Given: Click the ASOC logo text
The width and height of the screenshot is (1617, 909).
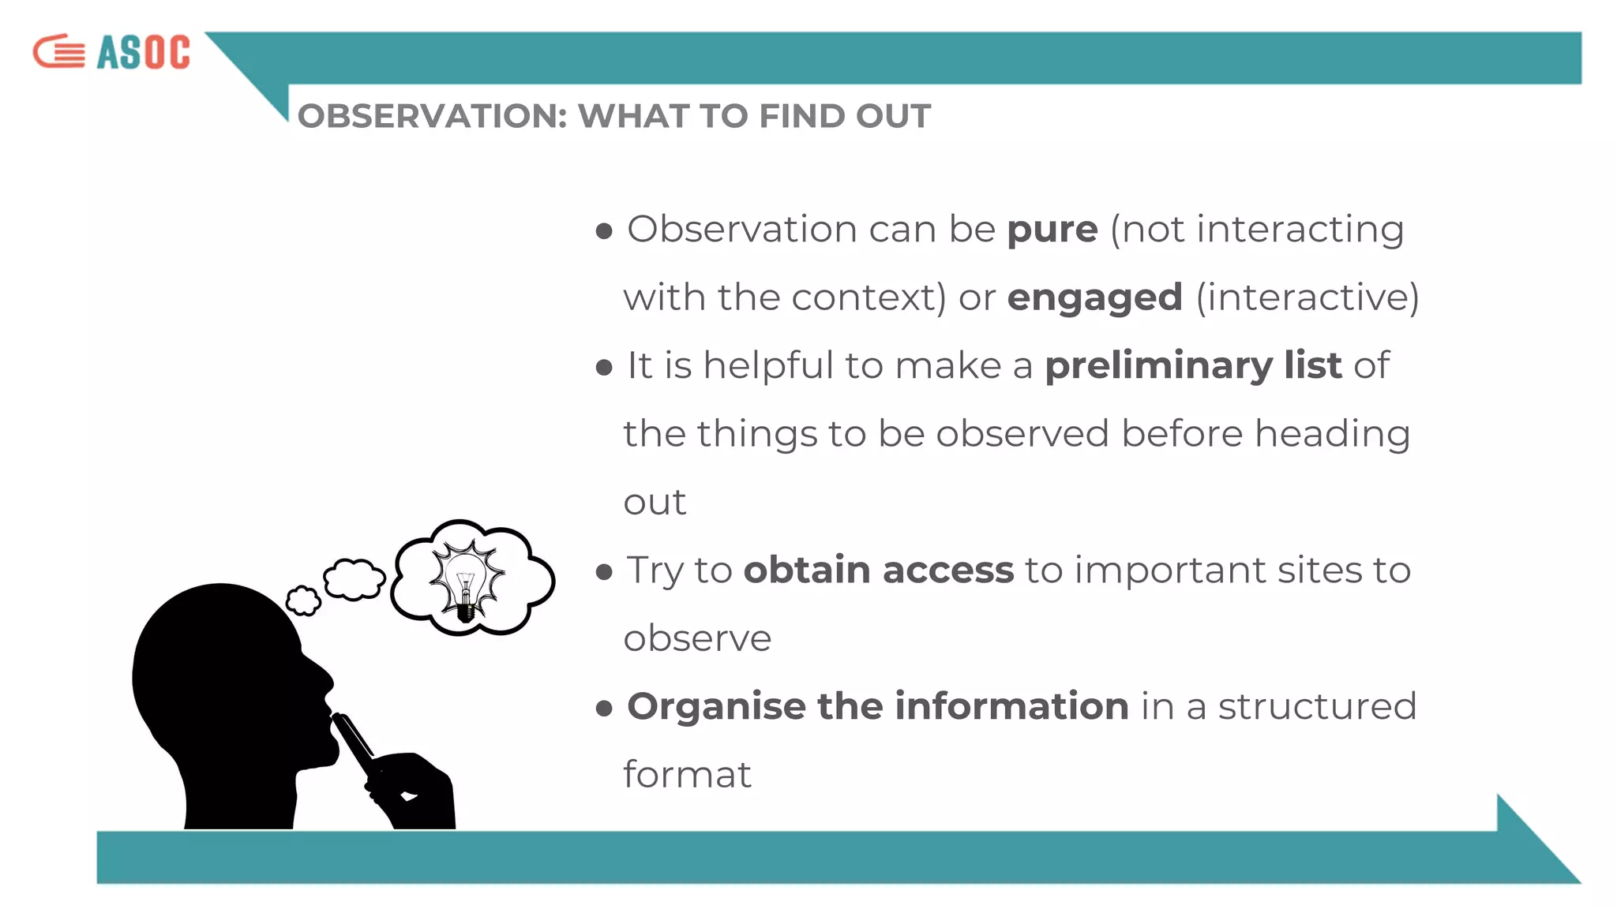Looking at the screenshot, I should (x=144, y=53).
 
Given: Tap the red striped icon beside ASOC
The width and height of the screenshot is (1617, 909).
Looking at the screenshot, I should (x=59, y=52).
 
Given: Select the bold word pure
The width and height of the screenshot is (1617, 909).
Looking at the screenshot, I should (x=1052, y=230).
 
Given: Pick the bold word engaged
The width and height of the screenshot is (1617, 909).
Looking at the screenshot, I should (x=1094, y=297).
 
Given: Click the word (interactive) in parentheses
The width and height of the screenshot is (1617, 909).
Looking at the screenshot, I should (x=1307, y=297).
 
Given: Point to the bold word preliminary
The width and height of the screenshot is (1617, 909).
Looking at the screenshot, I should (x=1158, y=365).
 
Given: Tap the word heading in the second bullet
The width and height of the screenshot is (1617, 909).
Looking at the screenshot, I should (x=1332, y=434).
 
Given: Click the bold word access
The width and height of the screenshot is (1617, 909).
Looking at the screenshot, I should (x=947, y=570).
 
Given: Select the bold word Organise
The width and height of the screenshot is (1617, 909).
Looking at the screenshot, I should (x=715, y=707).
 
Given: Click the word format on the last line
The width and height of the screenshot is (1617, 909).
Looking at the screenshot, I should (x=687, y=774).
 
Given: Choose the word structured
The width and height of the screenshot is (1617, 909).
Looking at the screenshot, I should (x=1317, y=706).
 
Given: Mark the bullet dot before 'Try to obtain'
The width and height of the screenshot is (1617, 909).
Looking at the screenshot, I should (x=605, y=571).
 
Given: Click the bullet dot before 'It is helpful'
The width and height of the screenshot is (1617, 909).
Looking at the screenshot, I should (x=605, y=367).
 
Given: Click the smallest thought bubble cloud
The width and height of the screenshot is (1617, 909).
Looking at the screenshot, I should (x=303, y=601).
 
